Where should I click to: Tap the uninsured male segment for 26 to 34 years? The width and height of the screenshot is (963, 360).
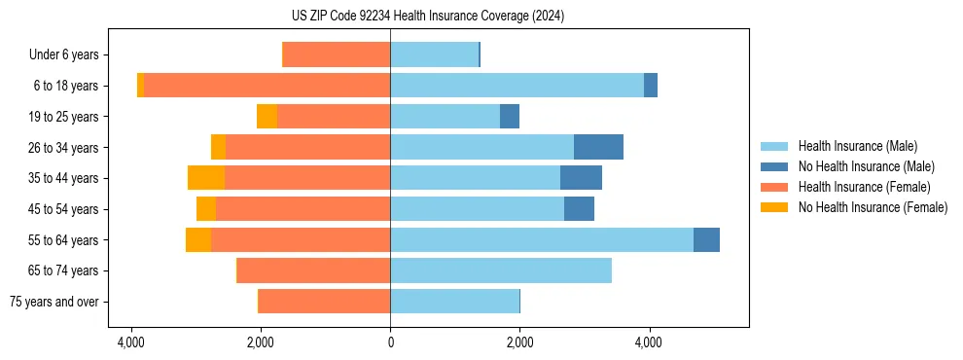coord(598,147)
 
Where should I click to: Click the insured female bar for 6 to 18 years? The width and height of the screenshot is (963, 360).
coord(267,86)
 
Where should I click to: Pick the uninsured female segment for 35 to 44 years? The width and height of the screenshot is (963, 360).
coord(206,178)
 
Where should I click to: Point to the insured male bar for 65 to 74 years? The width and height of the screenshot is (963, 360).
coord(501,270)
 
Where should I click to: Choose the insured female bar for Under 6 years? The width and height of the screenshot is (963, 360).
coord(337,54)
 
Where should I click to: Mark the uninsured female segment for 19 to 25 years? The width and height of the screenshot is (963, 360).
coord(267,117)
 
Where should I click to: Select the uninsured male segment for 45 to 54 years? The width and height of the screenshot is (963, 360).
coord(579,208)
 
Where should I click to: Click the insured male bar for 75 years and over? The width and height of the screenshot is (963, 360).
coord(454,302)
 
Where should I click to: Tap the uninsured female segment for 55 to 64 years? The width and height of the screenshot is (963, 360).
coord(198,239)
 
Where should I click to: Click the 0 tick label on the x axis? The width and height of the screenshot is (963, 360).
coord(390,342)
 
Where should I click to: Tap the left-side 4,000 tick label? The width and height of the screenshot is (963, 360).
coord(131,342)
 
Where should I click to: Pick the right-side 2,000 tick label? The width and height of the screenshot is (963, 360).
coord(519,342)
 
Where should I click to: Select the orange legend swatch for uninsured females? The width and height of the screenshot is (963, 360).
coord(774,207)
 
